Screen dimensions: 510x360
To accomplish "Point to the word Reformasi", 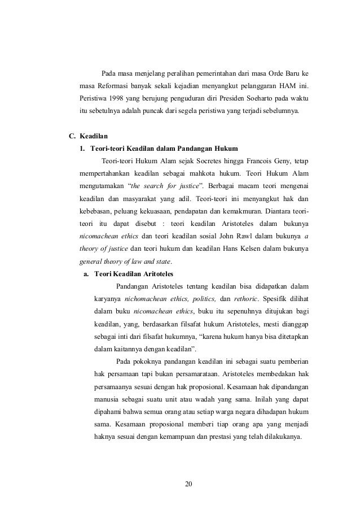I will [112, 86].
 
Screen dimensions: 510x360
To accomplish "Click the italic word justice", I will [187, 186].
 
